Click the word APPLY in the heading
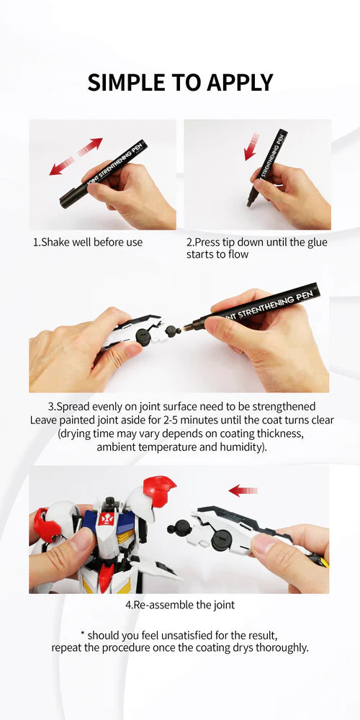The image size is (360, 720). [239, 82]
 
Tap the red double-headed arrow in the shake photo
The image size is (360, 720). [76, 157]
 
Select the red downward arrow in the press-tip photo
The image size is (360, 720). [251, 146]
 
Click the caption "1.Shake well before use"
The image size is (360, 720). [88, 242]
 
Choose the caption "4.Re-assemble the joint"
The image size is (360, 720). [179, 605]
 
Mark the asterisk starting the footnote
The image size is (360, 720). [83, 634]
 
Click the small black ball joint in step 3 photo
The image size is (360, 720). [171, 331]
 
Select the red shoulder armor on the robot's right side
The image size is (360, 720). [160, 491]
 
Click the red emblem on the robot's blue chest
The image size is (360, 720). [107, 518]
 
